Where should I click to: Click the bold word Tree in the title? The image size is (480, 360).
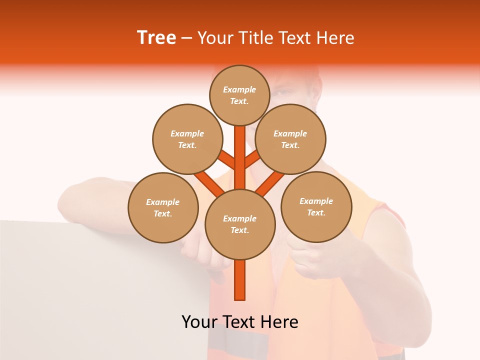[x=156, y=37]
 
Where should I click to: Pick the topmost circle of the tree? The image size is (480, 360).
[x=239, y=95]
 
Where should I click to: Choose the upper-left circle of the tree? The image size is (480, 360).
[x=187, y=139]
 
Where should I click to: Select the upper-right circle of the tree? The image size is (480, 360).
[x=290, y=139]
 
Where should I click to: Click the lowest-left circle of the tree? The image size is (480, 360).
[x=163, y=207]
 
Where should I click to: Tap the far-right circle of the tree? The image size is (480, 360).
[x=316, y=206]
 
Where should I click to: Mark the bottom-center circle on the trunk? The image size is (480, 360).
[x=240, y=224]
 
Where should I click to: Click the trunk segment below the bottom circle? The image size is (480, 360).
[x=240, y=280]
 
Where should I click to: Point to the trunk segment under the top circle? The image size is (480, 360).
[x=240, y=150]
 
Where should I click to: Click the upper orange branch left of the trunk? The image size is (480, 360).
[x=227, y=160]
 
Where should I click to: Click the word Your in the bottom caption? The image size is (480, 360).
[x=199, y=322]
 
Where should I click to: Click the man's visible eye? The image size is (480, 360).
[x=282, y=93]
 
